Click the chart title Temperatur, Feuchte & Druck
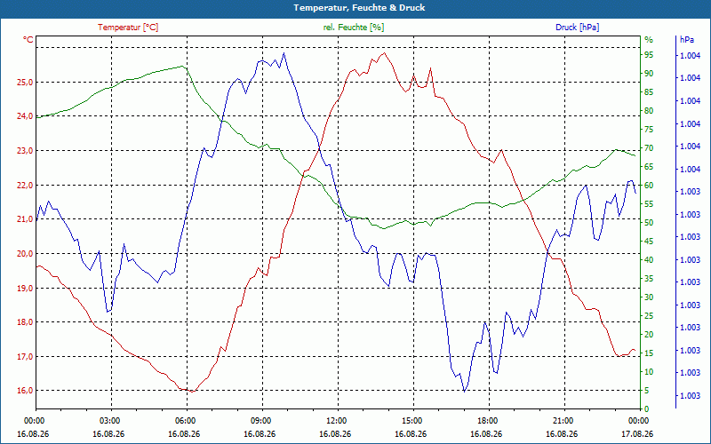359,8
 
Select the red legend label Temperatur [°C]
128,28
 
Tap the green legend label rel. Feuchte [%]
353,28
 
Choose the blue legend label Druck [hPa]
577,28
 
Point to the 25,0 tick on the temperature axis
25,82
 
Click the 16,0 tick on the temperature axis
25,391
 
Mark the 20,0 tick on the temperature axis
25,253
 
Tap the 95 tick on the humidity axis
649,55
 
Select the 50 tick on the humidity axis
649,223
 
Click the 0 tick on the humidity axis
647,409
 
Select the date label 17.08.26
638,433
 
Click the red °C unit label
28,40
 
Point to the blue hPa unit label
686,40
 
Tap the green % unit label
649,40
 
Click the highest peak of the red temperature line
385,53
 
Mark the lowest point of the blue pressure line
464,392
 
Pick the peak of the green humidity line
182,66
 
